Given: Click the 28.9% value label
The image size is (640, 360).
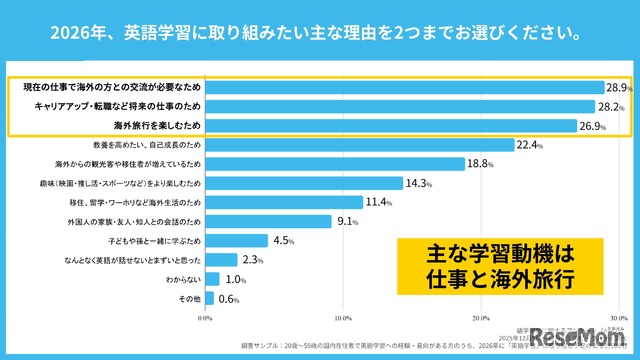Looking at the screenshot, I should [614, 87].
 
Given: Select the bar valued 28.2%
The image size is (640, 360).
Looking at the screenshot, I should [400, 106].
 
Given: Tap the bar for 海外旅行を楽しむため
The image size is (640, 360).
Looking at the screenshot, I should [391, 125].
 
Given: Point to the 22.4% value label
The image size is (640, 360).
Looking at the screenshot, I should [529, 145].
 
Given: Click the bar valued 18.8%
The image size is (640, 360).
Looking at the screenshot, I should [335, 164].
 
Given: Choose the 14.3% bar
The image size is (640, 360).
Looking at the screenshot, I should [304, 183].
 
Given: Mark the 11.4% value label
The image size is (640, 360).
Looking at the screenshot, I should [378, 202].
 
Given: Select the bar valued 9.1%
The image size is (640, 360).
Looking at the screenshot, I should [268, 221].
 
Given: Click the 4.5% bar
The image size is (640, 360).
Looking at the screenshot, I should [237, 240].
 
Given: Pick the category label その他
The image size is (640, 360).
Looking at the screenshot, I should [187, 298].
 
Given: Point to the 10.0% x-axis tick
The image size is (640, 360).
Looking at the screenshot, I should [342, 319].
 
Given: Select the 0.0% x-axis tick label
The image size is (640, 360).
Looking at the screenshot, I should [205, 319].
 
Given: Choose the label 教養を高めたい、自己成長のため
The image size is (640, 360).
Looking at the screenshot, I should [142, 145].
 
